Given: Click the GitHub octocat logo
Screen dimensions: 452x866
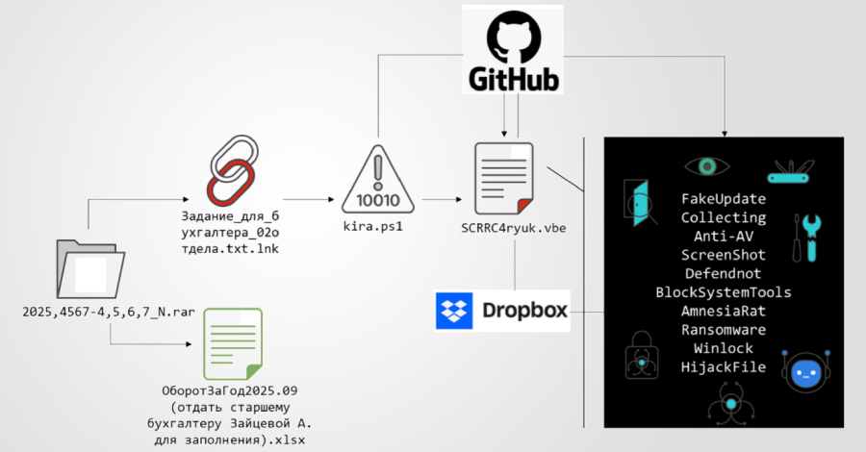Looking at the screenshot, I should coord(512,38).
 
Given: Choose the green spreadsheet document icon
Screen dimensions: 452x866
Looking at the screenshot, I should coord(231,343).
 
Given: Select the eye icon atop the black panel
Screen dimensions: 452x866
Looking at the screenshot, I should coord(708,166).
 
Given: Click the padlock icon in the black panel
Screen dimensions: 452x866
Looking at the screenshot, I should coord(640,352).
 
